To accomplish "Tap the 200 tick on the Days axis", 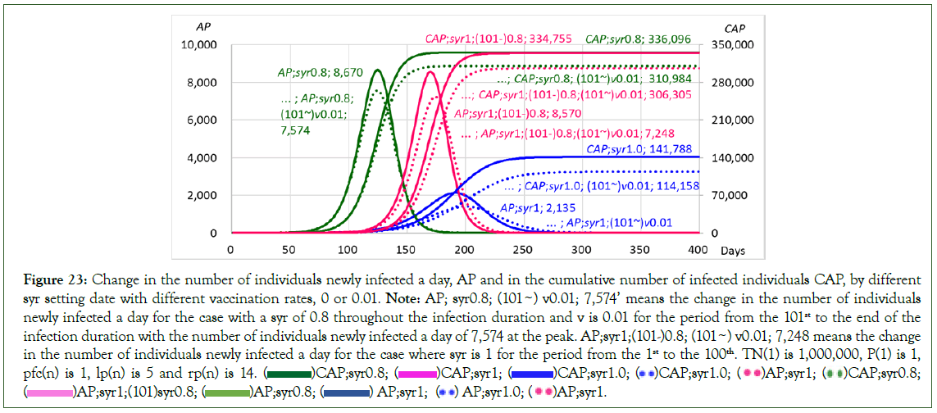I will (x=464, y=248).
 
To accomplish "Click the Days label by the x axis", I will (x=739, y=248).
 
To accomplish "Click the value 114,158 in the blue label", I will (x=671, y=186).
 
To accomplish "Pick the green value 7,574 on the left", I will (x=294, y=129).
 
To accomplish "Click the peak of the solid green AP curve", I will (x=377, y=70).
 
